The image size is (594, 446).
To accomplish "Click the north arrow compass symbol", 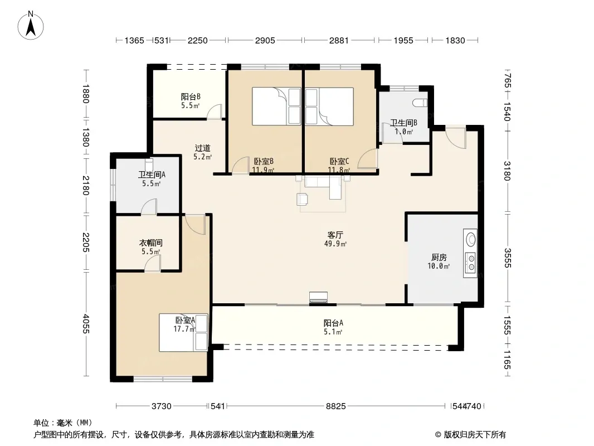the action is (31, 26).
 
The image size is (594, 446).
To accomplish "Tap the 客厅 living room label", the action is (335, 235).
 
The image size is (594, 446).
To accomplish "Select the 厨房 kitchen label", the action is (439, 258).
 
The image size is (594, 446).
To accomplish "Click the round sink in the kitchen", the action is (471, 240).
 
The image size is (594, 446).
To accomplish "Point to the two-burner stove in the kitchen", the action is (471, 263).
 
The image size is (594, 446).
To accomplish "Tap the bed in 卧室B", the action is (276, 106).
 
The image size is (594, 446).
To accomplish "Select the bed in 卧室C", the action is (329, 106).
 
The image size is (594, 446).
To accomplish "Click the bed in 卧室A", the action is (183, 332).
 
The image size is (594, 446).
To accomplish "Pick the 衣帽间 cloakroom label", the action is (151, 243).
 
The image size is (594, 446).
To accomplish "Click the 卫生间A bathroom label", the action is (152, 174).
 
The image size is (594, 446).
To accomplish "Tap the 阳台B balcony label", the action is (191, 97).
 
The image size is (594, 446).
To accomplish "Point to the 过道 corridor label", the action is (202, 148).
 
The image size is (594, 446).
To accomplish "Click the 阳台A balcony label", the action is (333, 323).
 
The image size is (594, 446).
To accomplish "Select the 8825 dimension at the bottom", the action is (335, 406).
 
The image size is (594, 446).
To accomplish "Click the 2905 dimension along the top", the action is (265, 40).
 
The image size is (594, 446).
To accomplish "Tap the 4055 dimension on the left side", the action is (86, 323).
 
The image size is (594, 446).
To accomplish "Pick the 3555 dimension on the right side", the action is (507, 258).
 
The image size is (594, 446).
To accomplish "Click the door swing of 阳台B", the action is (214, 112).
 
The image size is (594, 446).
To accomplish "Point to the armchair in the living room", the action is (303, 200).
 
